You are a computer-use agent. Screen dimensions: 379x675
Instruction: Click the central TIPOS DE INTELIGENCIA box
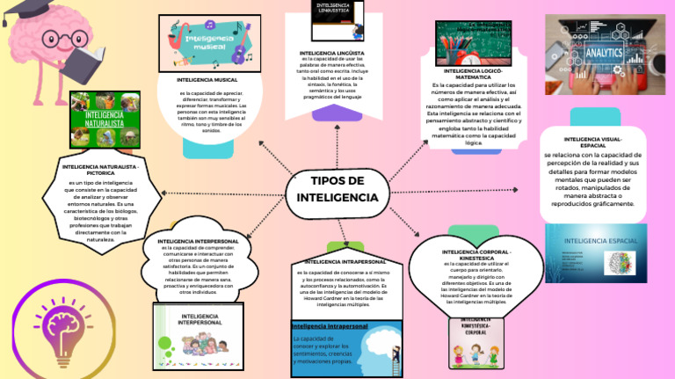point(337,189)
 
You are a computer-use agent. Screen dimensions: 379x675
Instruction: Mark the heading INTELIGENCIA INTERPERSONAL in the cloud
point(200,240)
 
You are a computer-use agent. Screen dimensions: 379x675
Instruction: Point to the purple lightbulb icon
point(63,324)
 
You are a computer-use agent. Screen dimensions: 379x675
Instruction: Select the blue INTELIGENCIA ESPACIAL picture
point(596,254)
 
